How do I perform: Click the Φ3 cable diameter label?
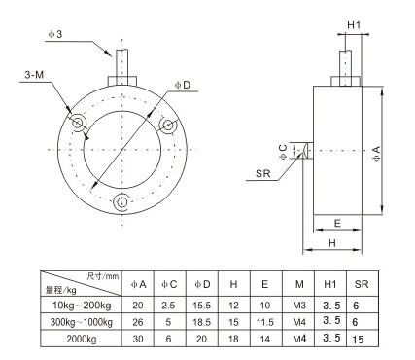[x=55, y=34]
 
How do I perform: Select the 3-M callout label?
[x=34, y=75]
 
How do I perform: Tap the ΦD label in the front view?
[x=183, y=85]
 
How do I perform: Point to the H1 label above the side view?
[x=354, y=25]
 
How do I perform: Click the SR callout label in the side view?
[x=262, y=173]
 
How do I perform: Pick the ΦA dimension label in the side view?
[x=376, y=154]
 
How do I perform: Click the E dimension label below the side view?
[x=337, y=223]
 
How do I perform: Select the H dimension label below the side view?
[x=332, y=243]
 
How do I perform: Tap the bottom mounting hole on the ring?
[x=121, y=202]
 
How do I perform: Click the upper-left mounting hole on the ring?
[x=78, y=123]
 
